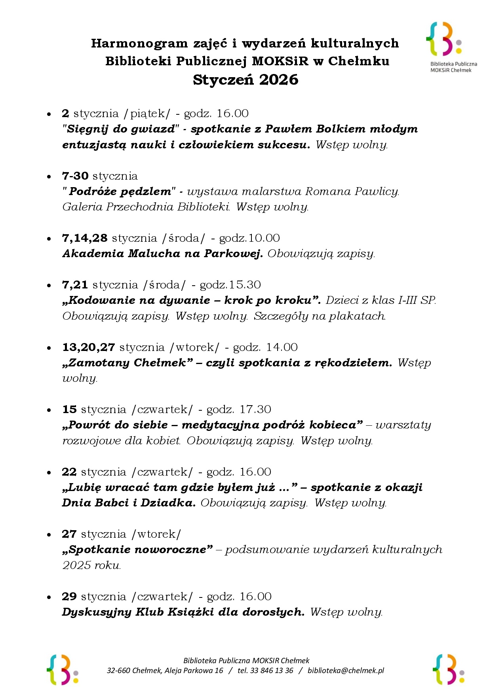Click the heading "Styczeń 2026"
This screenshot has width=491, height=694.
246,80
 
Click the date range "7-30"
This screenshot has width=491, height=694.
75,176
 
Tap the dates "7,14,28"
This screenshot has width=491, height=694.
85,238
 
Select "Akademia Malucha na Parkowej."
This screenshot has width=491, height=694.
162,254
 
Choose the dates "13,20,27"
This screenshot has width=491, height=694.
89,347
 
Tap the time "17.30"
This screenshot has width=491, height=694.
255,409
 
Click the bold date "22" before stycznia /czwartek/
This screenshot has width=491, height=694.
69,472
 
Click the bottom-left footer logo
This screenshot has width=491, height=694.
62,669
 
